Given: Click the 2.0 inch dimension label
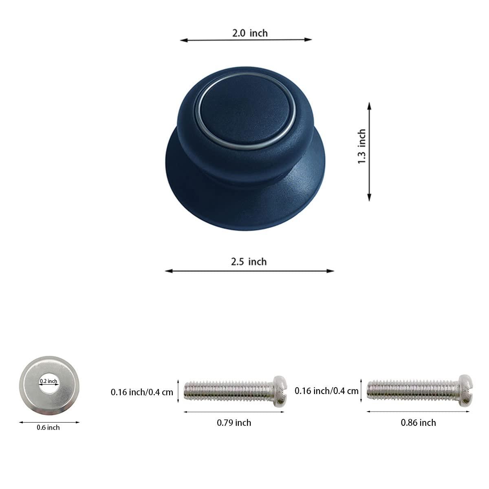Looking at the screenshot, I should [x=250, y=33].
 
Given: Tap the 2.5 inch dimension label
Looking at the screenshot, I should [x=249, y=261].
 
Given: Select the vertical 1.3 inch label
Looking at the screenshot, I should [x=362, y=147].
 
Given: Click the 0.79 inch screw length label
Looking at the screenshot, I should [x=234, y=423].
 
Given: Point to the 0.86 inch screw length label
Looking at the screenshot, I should [x=418, y=423].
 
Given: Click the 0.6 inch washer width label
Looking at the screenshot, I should [x=48, y=427].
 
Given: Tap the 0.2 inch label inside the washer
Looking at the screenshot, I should [x=48, y=381].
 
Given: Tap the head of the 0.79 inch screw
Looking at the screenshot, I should [x=280, y=390].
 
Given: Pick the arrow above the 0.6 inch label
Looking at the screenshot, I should [x=49, y=422].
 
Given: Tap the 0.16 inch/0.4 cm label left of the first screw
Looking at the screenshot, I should [x=142, y=392].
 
